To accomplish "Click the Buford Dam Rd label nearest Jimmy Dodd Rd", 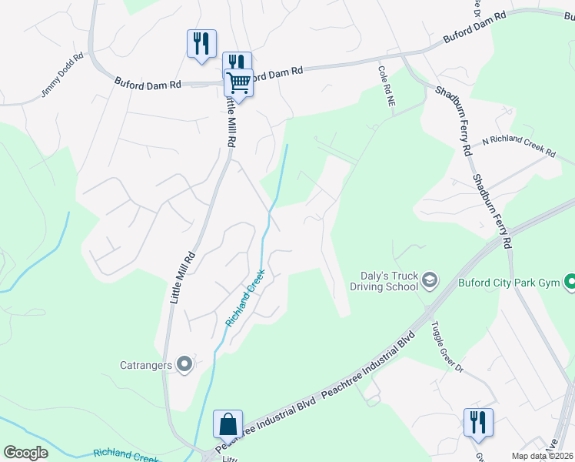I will [148, 82].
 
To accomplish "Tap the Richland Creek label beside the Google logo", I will [128, 454].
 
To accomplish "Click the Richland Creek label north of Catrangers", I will [246, 297].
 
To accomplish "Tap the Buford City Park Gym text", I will [508, 283].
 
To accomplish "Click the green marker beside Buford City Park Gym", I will [569, 283].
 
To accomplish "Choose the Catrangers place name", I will [145, 365].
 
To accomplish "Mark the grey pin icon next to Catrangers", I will [184, 365].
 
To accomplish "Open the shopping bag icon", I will [228, 423].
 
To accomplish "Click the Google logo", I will [26, 453].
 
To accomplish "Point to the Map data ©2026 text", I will [542, 456].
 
